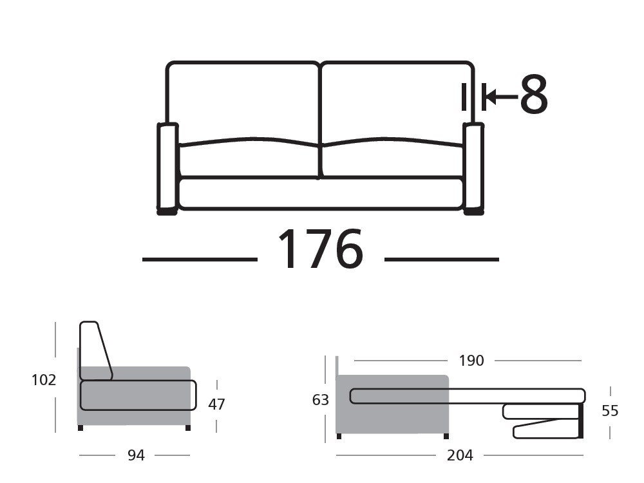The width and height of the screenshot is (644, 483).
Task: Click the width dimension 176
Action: pyautogui.click(x=320, y=249)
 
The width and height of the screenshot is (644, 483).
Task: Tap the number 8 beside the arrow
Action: pyautogui.click(x=534, y=96)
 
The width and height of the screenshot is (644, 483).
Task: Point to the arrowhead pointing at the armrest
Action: pyautogui.click(x=489, y=97)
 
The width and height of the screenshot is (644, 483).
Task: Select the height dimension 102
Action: pyautogui.click(x=44, y=380)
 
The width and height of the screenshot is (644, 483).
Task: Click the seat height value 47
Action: pyautogui.click(x=216, y=404)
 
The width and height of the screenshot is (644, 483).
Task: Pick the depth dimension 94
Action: pyautogui.click(x=136, y=455)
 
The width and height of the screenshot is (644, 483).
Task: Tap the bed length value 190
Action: pyautogui.click(x=471, y=361)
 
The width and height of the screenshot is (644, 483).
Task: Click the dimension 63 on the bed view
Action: pyautogui.click(x=321, y=400)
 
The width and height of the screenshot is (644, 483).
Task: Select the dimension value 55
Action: pyautogui.click(x=609, y=410)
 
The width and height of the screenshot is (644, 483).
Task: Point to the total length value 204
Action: pyautogui.click(x=460, y=455)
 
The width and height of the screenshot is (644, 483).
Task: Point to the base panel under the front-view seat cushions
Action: pyautogui.click(x=321, y=193)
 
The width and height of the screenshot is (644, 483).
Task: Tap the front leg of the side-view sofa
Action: pyautogui.click(x=187, y=428)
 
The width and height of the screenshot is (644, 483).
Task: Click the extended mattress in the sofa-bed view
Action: pyautogui.click(x=467, y=396)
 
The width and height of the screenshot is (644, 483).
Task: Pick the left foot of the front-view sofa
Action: pyautogui.click(x=167, y=211)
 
